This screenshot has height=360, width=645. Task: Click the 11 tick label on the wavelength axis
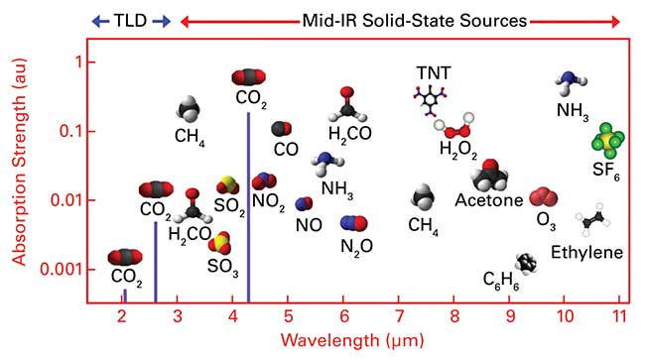pos(619,317)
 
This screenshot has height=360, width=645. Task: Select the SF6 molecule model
pos(606,143)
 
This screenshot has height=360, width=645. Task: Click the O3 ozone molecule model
pos(543,195)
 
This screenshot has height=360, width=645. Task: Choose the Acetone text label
pos(488,201)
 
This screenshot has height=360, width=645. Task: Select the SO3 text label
pos(221,266)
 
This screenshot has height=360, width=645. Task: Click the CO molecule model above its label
pos(282,129)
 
